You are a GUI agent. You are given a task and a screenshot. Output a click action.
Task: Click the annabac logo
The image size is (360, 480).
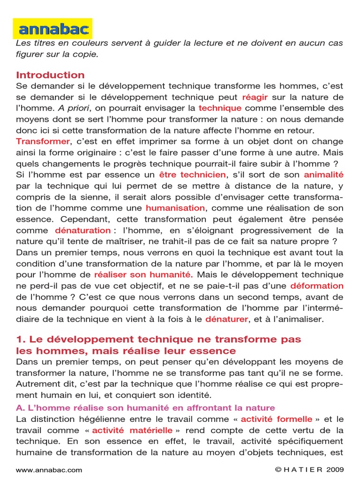pyautogui.click(x=52, y=29)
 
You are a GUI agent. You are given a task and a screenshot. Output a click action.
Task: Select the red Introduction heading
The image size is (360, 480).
pyautogui.click(x=50, y=75)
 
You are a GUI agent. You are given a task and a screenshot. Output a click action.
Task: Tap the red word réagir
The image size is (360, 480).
pyautogui.click(x=255, y=97)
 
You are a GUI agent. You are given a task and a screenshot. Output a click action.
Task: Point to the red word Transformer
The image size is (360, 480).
pyautogui.click(x=43, y=141)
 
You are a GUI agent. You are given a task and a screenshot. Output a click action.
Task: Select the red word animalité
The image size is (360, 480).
pyautogui.click(x=323, y=175)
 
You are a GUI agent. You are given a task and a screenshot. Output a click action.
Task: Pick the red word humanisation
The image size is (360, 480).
pyautogui.click(x=175, y=208)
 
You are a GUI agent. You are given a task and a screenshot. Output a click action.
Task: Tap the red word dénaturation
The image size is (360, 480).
pyautogui.click(x=82, y=230)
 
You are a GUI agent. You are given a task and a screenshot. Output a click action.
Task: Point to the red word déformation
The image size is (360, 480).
pyautogui.click(x=317, y=285)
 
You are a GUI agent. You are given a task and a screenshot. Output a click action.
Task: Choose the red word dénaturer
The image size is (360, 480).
pyautogui.click(x=227, y=319)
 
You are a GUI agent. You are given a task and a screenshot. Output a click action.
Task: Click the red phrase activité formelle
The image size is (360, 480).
pyautogui.click(x=276, y=419)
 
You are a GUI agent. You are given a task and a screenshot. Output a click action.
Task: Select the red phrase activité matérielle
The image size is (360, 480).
pyautogui.click(x=132, y=430)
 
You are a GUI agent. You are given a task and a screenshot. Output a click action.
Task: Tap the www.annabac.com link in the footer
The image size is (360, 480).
pyautogui.click(x=49, y=470)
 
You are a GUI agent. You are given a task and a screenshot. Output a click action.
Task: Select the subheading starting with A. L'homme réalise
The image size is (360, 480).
pyautogui.click(x=145, y=408)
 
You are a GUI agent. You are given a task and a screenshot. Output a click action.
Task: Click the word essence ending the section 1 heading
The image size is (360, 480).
pyautogui.click(x=215, y=351)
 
